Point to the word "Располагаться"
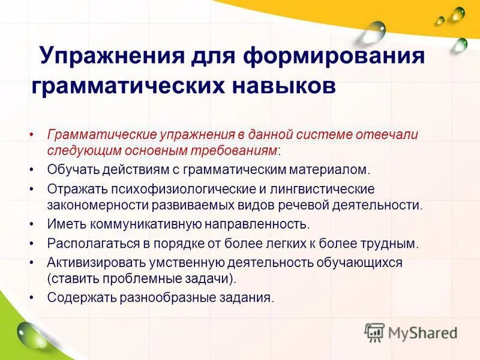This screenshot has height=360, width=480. pos(88,244)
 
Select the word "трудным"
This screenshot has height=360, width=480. pos(394,244)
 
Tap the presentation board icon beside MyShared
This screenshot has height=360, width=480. pos(374,332)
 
